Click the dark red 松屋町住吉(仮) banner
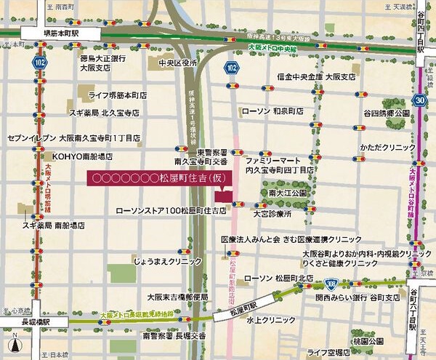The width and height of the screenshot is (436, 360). (156, 177)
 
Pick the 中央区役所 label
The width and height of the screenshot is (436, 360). (175, 63)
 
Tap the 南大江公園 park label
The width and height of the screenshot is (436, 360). (288, 193)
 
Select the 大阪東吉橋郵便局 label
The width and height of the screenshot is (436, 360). (177, 297)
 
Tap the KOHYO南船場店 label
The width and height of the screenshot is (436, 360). (82, 156)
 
